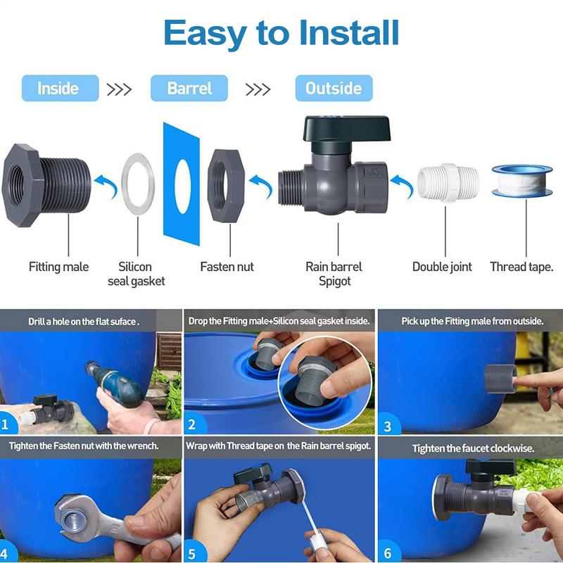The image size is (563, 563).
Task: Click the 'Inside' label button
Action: click(x=58, y=89)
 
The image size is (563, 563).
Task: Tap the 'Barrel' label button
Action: click(x=189, y=89)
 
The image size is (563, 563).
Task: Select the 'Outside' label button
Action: click(x=333, y=89)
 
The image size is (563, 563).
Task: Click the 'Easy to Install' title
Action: click(x=281, y=32)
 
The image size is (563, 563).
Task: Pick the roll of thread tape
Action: click(x=521, y=182)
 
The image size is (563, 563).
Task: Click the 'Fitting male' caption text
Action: click(x=58, y=267)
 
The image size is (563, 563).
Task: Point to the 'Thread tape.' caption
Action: click(x=521, y=267)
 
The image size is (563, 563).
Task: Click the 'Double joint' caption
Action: click(x=442, y=267)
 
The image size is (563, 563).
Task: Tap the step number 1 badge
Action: click(x=7, y=424)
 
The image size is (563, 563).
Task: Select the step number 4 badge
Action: click(x=7, y=552)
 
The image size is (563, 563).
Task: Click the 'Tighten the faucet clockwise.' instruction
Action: click(x=474, y=448)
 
